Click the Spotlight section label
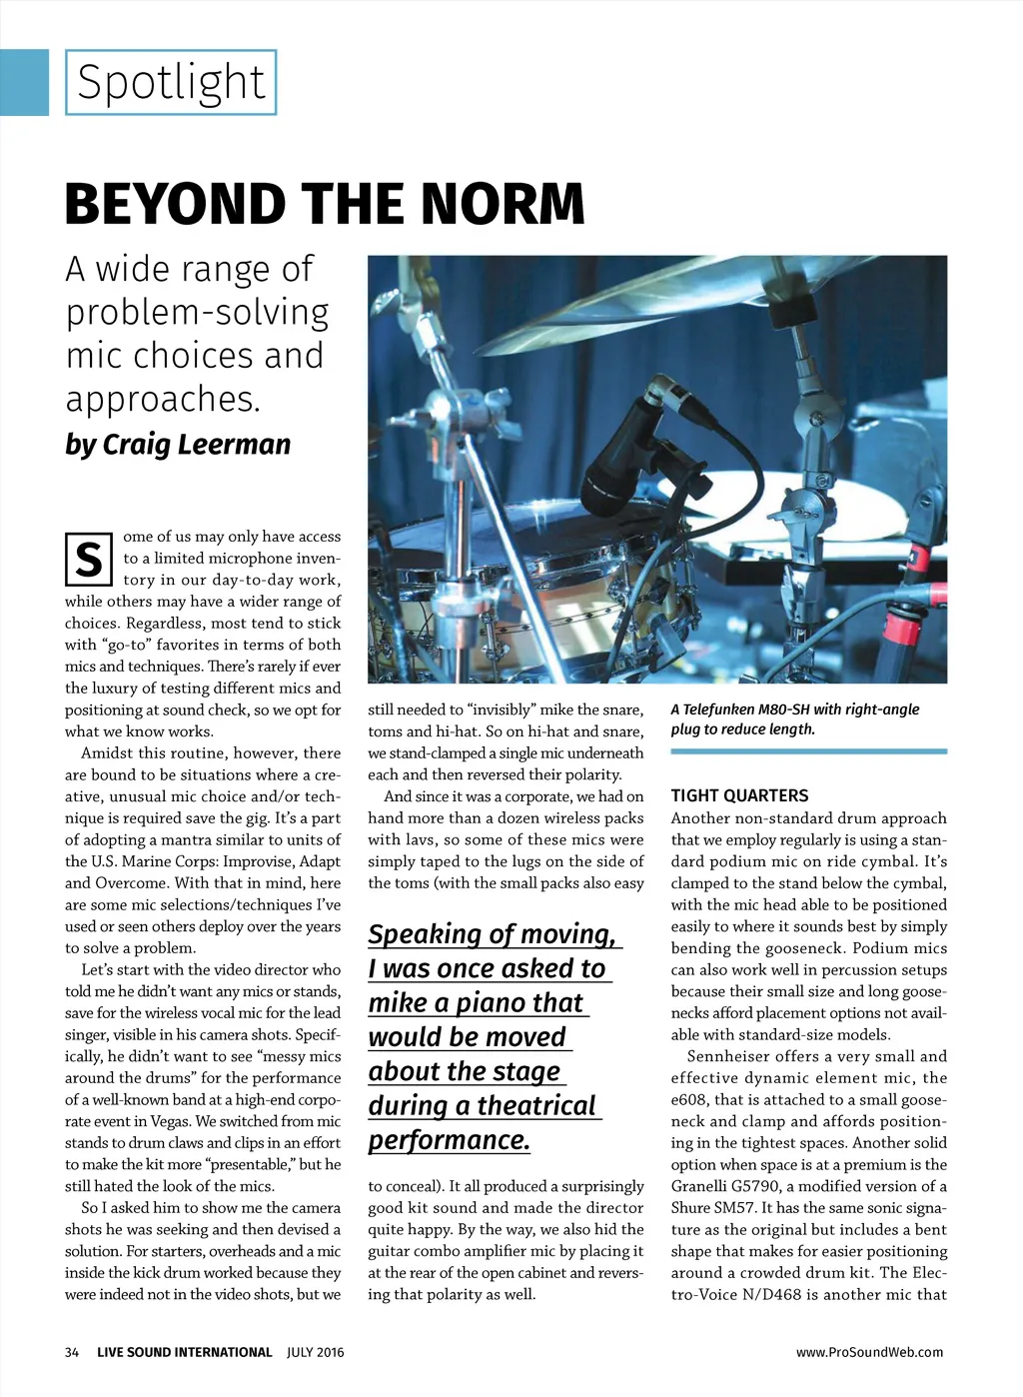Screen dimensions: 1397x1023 171,82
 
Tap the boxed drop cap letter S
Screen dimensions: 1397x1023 88,560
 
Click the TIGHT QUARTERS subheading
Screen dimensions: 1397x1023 739,795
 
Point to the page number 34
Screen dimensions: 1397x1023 72,1352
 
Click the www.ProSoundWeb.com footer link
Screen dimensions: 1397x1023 869,1352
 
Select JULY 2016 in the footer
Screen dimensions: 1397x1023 315,1352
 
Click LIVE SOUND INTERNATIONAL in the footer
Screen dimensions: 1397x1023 184,1352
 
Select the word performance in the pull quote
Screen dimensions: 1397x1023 449,1140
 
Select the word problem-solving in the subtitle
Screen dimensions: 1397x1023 198,313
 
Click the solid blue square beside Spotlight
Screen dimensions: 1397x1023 24,82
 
